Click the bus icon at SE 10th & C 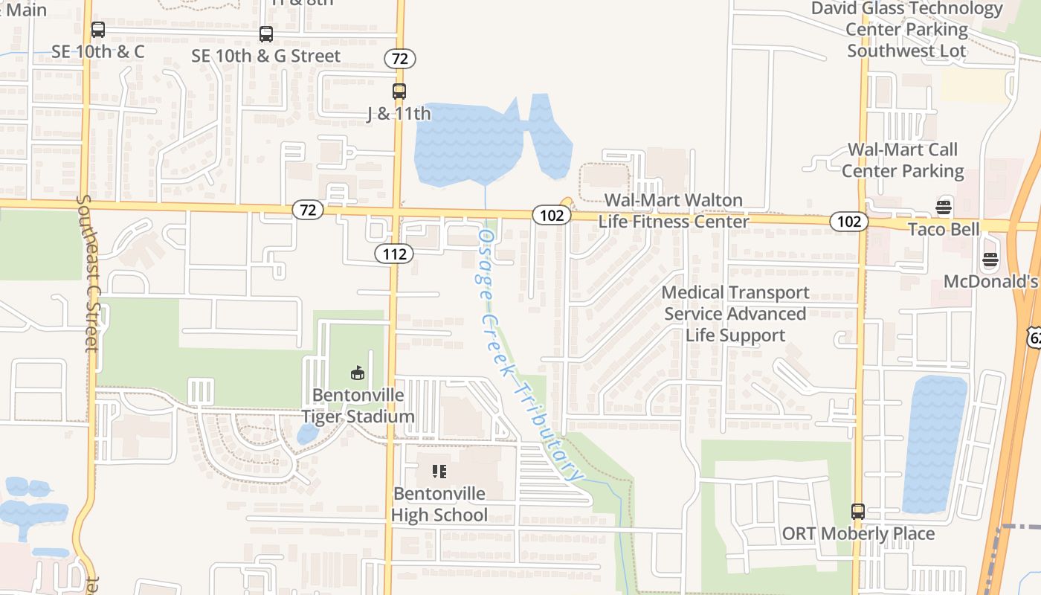[x=97, y=30]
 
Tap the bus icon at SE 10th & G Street [x=265, y=34]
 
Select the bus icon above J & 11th [x=399, y=91]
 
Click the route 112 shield [x=394, y=254]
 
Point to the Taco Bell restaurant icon [x=944, y=207]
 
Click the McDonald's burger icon [x=990, y=260]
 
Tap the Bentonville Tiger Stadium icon [x=358, y=373]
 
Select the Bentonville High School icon [x=439, y=471]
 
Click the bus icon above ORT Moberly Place [x=858, y=511]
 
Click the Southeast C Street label [x=87, y=273]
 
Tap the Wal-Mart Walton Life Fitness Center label [x=674, y=210]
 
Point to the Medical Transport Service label [x=735, y=314]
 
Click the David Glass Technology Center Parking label [x=906, y=30]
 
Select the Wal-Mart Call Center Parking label [x=903, y=160]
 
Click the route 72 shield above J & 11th [x=400, y=59]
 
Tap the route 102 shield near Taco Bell [x=849, y=221]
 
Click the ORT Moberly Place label [x=858, y=533]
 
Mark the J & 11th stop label [x=399, y=114]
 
